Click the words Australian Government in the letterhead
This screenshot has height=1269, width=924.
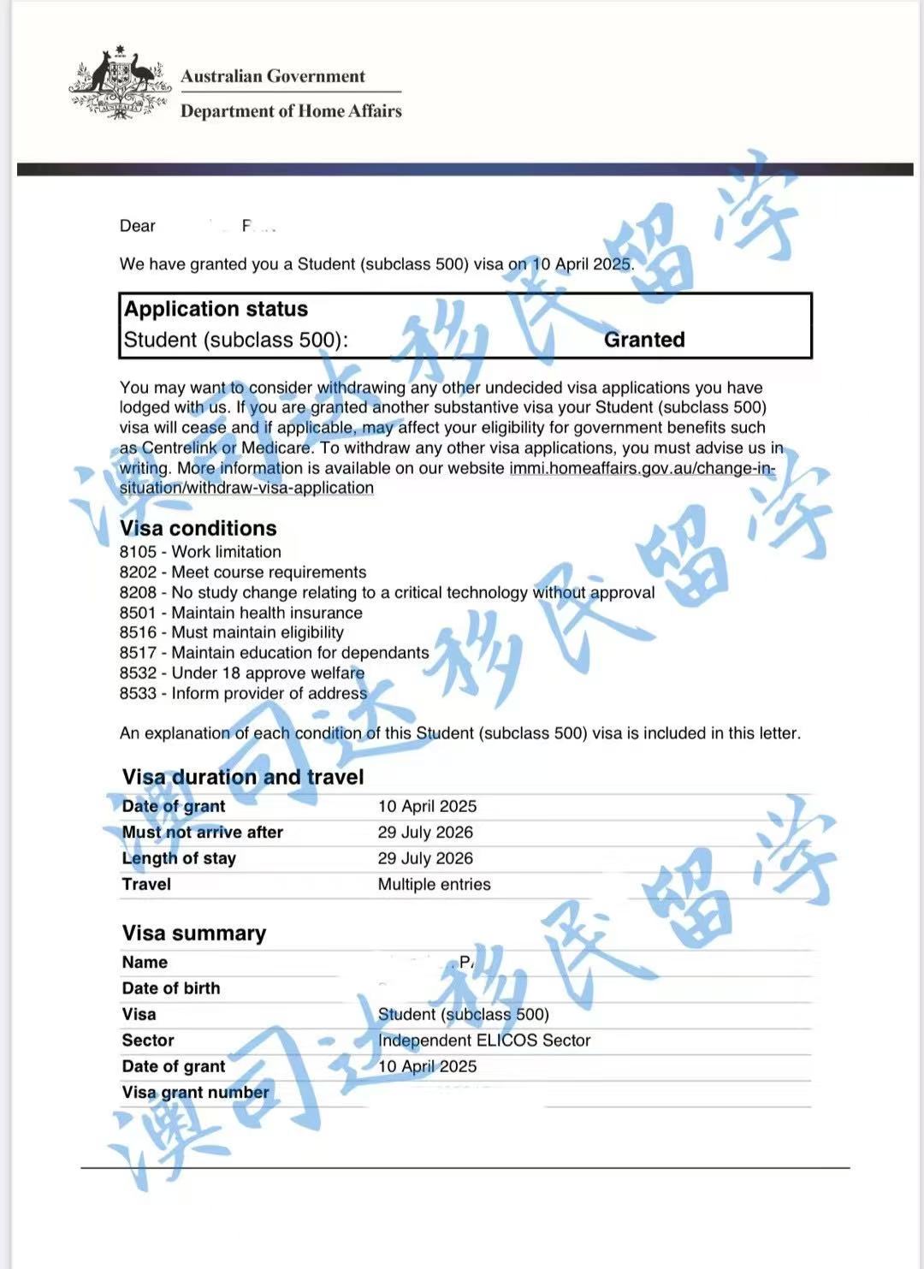[x=273, y=76]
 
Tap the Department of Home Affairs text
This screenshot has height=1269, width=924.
[x=291, y=111]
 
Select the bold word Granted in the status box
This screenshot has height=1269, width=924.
[x=644, y=340]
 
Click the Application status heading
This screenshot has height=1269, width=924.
[x=216, y=309]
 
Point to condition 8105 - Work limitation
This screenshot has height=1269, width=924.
[x=200, y=552]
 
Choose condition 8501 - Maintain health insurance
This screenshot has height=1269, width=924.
[x=240, y=613]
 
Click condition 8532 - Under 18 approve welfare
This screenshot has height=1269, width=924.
[x=242, y=673]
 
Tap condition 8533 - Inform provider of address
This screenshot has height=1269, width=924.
[x=243, y=693]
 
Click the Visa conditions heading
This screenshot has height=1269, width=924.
[x=198, y=528]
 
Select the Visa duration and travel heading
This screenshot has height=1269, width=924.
[x=243, y=777]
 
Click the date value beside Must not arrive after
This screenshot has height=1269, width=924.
[x=425, y=833]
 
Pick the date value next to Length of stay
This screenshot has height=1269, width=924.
[x=425, y=858]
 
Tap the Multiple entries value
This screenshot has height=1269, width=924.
[x=435, y=885]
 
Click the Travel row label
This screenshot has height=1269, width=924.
[x=146, y=885]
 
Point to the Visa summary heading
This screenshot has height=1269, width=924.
[x=194, y=933]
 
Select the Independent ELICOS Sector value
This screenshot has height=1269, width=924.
[x=484, y=1041]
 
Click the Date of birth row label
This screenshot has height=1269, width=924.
[x=171, y=988]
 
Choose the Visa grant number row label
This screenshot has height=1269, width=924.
[x=195, y=1093]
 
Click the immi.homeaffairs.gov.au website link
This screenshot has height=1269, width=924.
[x=642, y=468]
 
